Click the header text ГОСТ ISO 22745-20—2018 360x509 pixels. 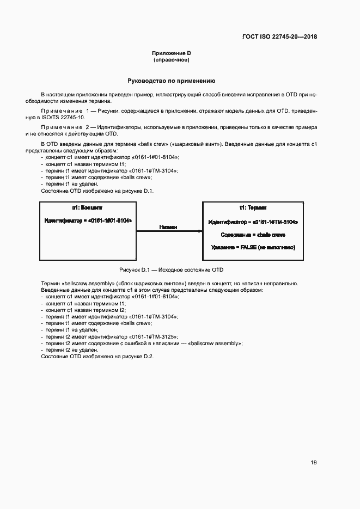[x=279, y=37]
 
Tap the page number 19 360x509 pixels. [x=314, y=463]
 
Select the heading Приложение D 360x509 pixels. [x=171, y=53]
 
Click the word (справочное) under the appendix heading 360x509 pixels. [x=171, y=60]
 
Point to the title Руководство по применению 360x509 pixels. [x=171, y=81]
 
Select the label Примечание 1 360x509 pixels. [x=64, y=111]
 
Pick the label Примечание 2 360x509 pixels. [x=64, y=127]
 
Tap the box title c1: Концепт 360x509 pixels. [x=87, y=208]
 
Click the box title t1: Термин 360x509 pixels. [x=253, y=208]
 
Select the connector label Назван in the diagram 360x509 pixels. [x=168, y=227]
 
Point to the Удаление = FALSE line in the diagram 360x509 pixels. [x=253, y=247]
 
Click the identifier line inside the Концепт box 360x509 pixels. [x=88, y=220]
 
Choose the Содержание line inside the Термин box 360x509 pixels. [x=253, y=235]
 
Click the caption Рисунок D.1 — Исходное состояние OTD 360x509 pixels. [x=171, y=270]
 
